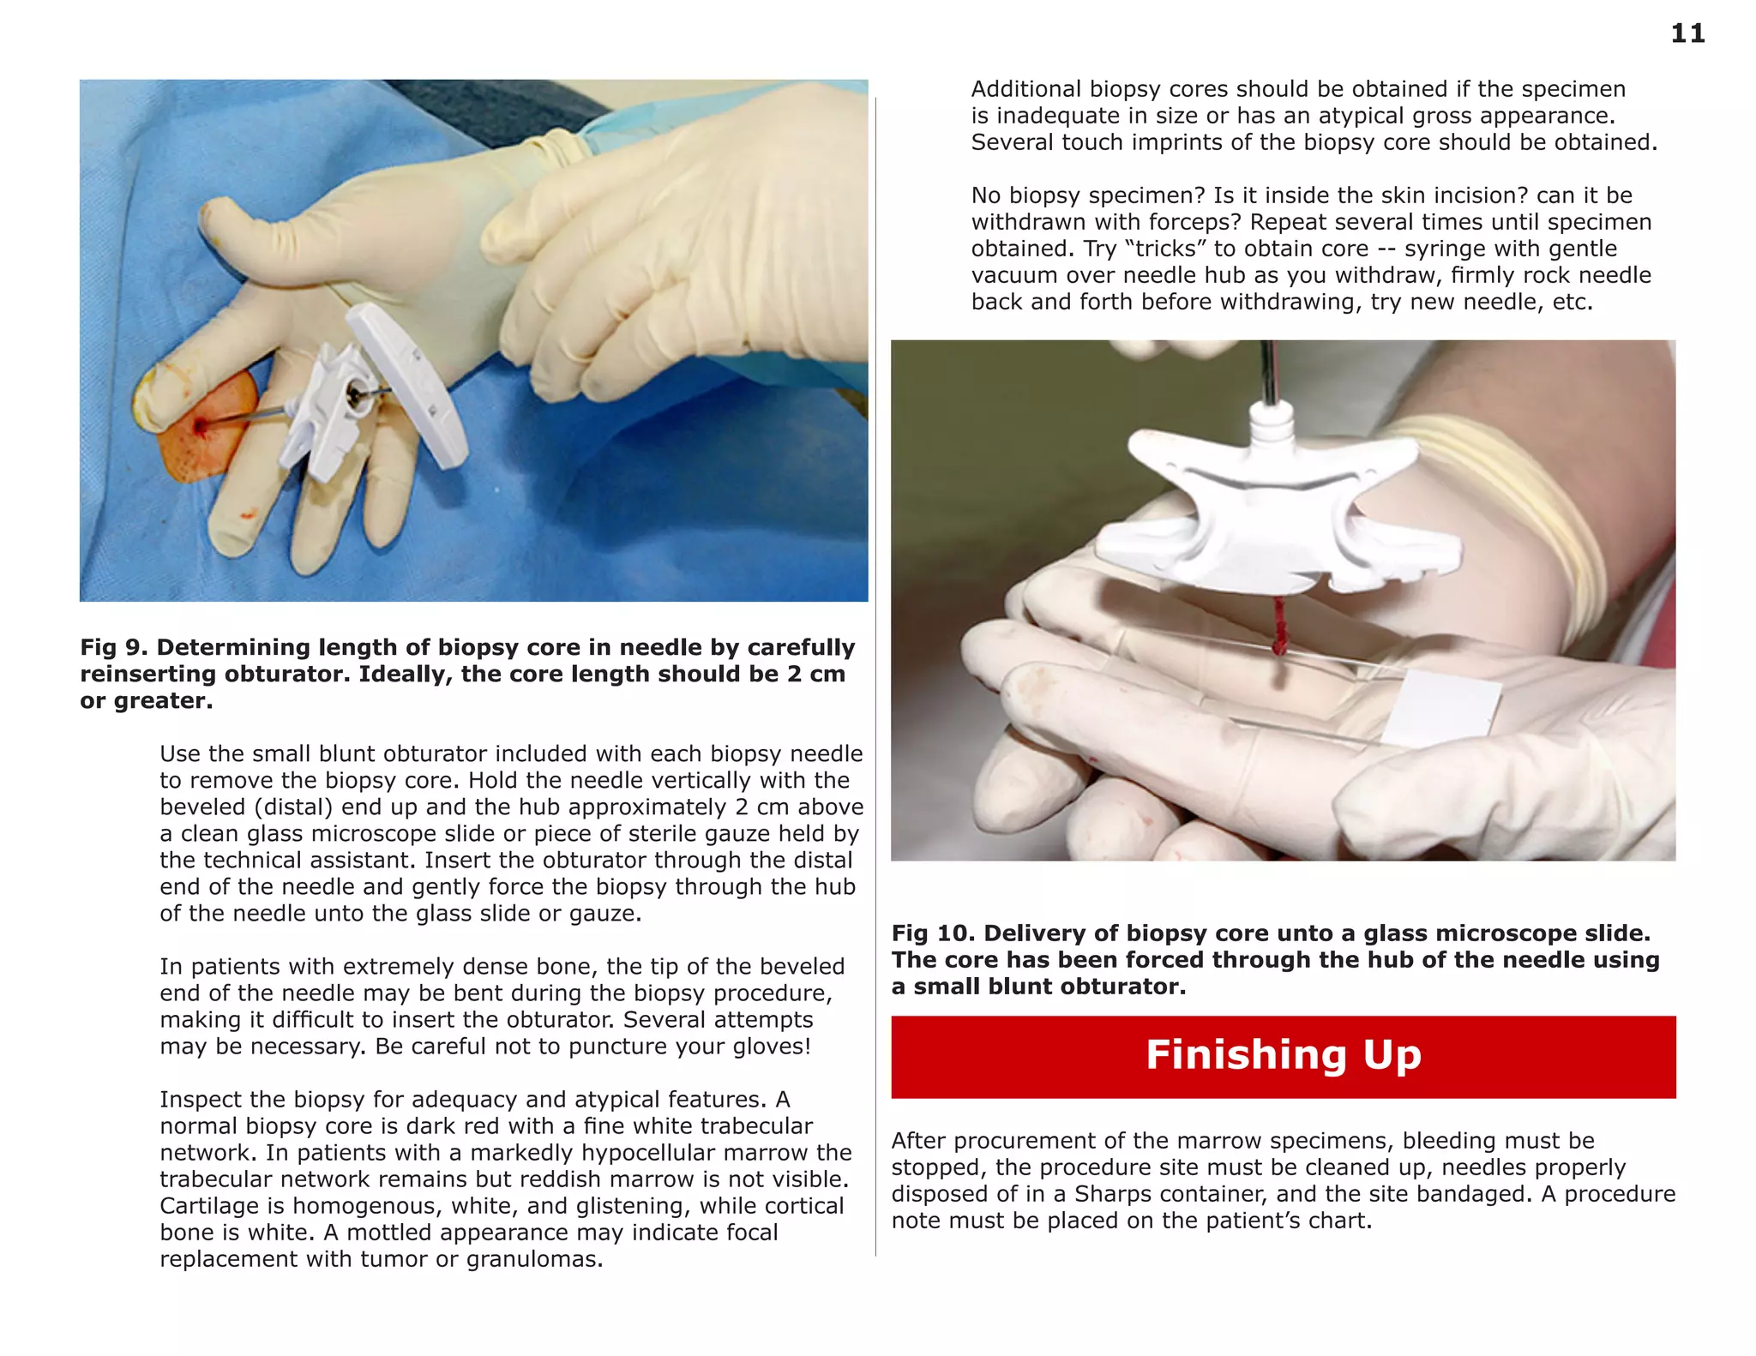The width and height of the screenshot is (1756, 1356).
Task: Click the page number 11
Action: click(x=1687, y=33)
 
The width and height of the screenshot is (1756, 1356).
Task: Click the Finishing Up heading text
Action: click(x=1283, y=1055)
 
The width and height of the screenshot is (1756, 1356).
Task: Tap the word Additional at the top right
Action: click(x=1025, y=89)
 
